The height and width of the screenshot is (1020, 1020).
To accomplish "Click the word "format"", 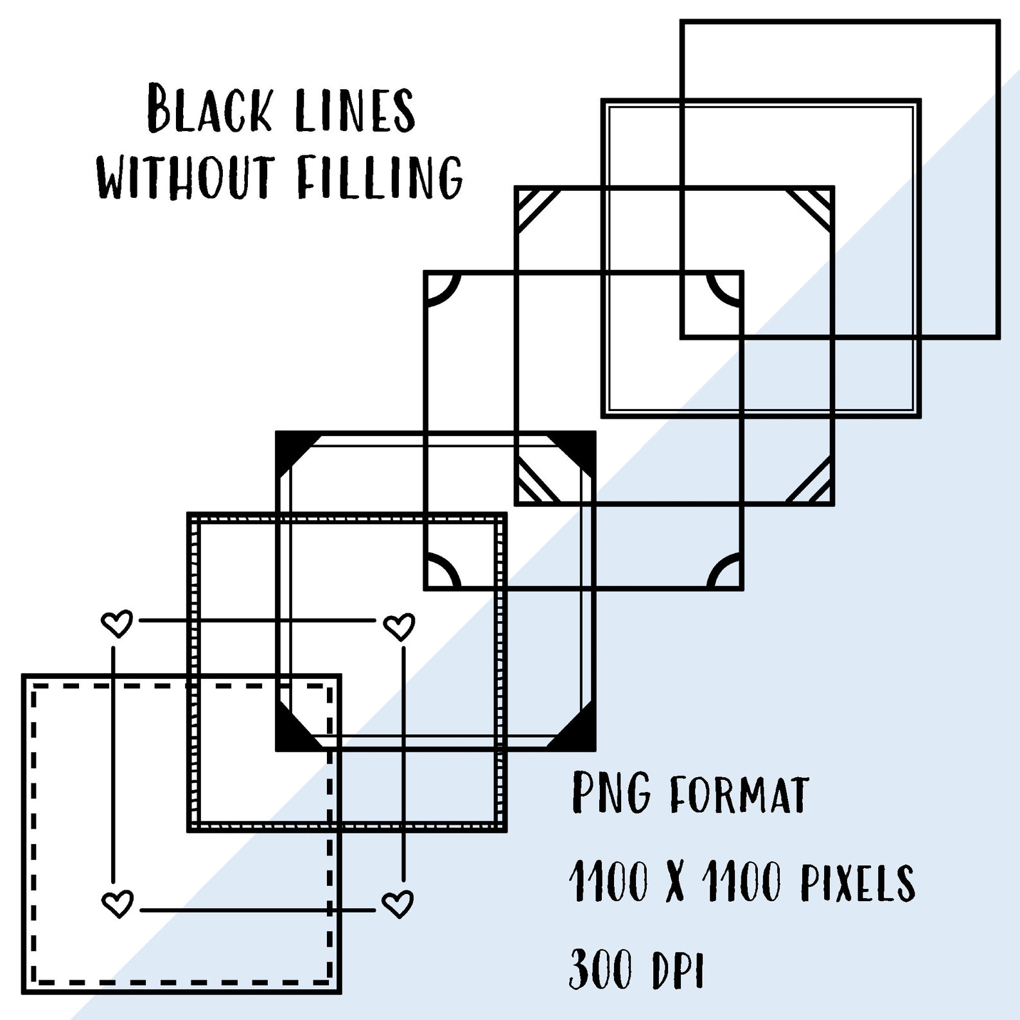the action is [x=739, y=795].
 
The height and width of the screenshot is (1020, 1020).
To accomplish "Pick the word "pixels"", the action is [x=857, y=882].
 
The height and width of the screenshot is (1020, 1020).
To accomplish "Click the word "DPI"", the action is [x=679, y=970].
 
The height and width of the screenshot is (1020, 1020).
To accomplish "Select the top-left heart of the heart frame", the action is [x=118, y=623].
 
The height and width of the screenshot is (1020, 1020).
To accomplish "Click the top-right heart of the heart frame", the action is [x=399, y=626].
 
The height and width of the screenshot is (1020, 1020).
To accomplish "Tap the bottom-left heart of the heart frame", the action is [x=118, y=904].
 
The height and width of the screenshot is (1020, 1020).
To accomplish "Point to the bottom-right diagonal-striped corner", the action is [x=811, y=482].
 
